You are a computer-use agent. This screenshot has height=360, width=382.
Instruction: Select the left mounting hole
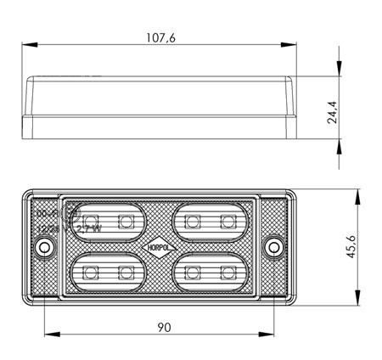(x=45, y=247)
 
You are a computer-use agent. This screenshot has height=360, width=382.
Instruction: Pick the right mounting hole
(x=274, y=247)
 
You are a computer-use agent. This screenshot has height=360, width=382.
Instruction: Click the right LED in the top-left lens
(x=126, y=222)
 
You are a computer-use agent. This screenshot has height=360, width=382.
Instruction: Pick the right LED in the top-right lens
(x=226, y=222)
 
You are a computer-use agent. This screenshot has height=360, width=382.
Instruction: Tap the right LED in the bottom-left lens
(x=126, y=273)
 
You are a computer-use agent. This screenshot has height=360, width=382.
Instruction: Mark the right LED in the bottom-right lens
(x=226, y=273)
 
